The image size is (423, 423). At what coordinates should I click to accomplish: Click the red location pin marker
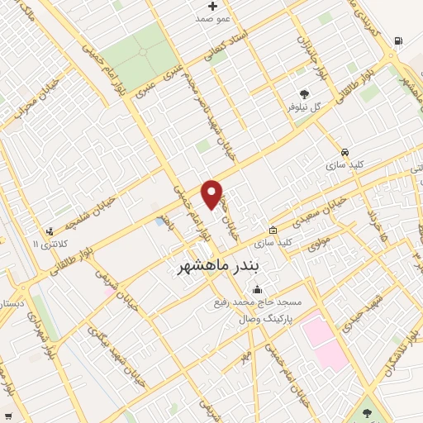[x=212, y=193]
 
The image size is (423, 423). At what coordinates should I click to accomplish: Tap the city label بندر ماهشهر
[x=218, y=267]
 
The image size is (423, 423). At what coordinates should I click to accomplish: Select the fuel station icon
[x=398, y=40]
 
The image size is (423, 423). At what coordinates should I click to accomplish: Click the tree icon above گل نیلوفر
[x=304, y=95]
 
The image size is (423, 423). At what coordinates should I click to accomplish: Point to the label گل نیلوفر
[x=303, y=107]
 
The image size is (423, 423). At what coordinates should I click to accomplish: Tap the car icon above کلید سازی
[x=344, y=153]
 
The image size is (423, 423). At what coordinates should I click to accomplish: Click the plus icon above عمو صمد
[x=212, y=6]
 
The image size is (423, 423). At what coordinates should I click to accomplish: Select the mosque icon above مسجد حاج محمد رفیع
[x=258, y=289]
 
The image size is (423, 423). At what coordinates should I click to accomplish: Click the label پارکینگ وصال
[x=265, y=318]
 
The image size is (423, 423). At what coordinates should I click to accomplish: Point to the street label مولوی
[x=319, y=244]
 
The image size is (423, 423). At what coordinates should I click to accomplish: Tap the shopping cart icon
[x=9, y=415]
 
